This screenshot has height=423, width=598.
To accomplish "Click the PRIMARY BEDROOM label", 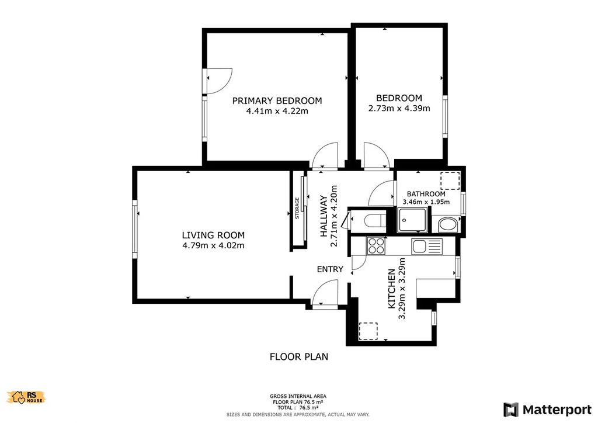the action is point(277,100).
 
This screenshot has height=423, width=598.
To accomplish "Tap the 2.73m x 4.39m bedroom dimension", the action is point(399,108).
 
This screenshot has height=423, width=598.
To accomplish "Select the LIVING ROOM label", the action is point(213,235).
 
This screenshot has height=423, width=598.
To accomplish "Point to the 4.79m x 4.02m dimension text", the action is point(213,245).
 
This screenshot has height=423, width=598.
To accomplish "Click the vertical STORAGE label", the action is point(297,208).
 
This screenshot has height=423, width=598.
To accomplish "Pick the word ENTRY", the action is point(331,269).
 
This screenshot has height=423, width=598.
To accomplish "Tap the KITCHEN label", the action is point(392,289).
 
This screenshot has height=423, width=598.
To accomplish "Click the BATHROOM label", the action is point(426,194).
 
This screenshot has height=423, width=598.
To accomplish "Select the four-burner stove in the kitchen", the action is point(377,245).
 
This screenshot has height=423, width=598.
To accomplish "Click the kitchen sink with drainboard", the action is point(427,247).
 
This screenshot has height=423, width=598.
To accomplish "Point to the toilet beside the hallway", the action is point(373,221).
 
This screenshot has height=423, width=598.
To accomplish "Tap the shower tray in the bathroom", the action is point(412,220).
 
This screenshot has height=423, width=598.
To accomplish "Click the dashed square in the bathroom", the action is point(450,181).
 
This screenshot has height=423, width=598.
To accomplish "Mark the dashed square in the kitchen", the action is point(368,331).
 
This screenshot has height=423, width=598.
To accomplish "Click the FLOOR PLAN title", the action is point(299,356).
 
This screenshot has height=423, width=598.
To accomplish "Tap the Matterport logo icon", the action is point(510,410).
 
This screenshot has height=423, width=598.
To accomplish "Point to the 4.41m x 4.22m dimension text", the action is point(277,112).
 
